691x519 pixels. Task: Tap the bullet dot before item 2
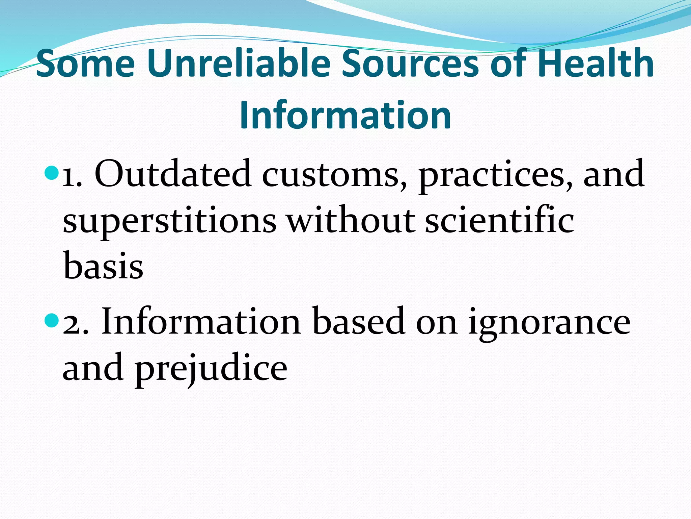tap(51, 321)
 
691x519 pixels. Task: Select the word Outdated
tap(173, 174)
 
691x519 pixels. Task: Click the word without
tap(351, 220)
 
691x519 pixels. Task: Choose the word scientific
tap(500, 220)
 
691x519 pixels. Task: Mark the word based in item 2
tap(359, 321)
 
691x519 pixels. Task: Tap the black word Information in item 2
tap(201, 321)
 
